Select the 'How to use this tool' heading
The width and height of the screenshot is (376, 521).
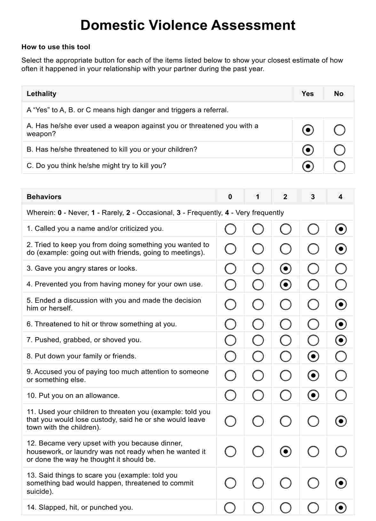[56, 47]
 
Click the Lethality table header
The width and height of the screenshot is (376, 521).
[42, 94]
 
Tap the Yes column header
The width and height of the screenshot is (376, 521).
[308, 94]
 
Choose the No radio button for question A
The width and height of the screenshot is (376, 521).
[339, 130]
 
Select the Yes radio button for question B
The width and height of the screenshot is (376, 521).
[308, 150]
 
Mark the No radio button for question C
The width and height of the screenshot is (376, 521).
[339, 166]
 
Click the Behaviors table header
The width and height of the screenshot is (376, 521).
[44, 197]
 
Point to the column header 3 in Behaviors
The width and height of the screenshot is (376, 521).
[313, 197]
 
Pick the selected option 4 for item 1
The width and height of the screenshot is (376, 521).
[341, 229]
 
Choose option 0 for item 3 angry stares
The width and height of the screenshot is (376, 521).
[230, 269]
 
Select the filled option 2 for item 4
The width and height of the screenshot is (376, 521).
[286, 284]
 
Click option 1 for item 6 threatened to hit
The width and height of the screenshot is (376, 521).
[258, 324]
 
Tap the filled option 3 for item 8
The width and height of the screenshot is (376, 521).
[313, 356]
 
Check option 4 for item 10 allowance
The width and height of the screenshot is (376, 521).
[341, 396]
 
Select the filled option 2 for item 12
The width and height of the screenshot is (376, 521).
[286, 452]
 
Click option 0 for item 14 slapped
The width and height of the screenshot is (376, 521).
[230, 508]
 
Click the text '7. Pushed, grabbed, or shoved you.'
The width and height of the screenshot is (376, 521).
[84, 340]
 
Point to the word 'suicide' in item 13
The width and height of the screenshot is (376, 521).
[38, 491]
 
